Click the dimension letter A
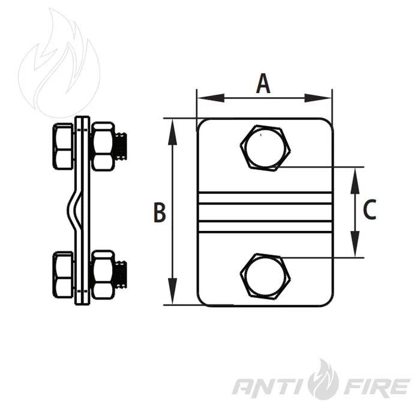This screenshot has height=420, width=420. [263, 84]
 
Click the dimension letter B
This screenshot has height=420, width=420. [160, 212]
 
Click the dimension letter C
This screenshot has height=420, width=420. [370, 209]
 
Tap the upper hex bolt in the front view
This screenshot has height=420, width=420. [265, 148]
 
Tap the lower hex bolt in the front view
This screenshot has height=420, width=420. [265, 276]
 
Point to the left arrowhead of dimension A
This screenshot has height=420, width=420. [211, 98]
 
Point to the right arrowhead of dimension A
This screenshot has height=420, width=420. [318, 98]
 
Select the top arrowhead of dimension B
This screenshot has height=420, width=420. [173, 132]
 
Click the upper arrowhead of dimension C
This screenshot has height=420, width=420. [355, 181]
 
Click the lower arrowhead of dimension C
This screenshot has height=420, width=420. [355, 244]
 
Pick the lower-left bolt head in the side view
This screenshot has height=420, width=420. [62, 275]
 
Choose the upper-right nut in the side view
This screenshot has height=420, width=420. [103, 146]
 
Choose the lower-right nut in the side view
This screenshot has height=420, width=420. [103, 275]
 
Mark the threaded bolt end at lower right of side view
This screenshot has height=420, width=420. [121, 275]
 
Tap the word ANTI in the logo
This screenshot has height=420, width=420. [271, 387]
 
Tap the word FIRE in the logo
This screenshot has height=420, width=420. [376, 387]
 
